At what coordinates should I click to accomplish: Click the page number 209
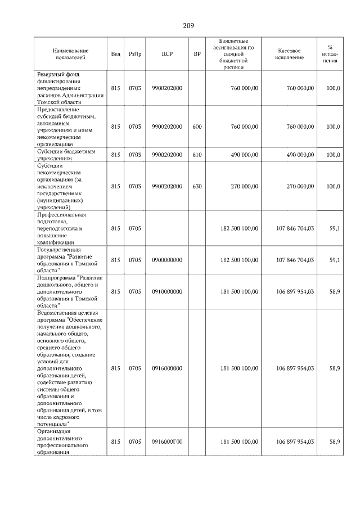click(x=188, y=25)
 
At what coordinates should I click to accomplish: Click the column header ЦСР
click(x=166, y=54)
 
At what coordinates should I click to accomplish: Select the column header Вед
click(x=116, y=54)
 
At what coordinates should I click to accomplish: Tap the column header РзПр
click(x=135, y=54)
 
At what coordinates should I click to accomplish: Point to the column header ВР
click(x=197, y=54)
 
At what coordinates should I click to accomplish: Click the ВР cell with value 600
click(x=197, y=127)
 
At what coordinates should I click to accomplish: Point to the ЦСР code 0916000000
click(x=166, y=368)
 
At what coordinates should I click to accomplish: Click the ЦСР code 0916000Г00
click(x=166, y=442)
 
